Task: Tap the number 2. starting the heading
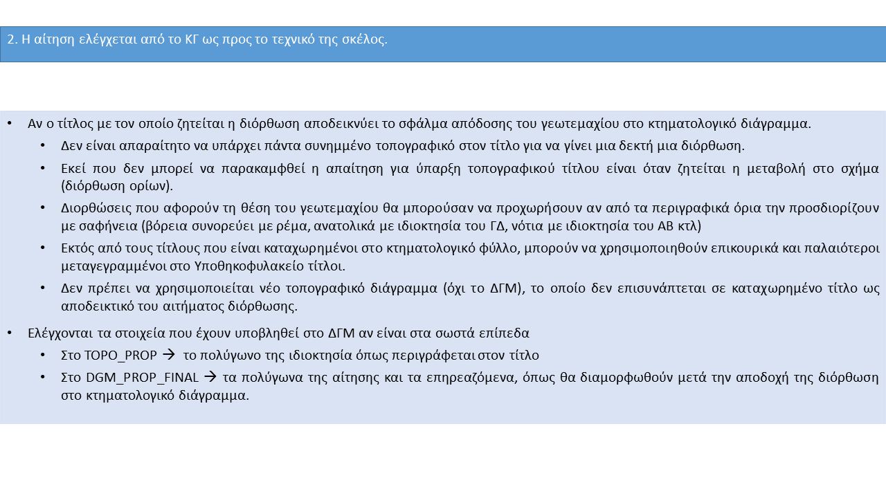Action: tap(12, 39)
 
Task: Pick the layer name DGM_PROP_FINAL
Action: tap(143, 378)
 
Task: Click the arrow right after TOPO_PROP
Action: tap(169, 356)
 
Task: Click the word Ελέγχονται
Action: tap(58, 333)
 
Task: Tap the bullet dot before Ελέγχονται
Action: tap(10, 333)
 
